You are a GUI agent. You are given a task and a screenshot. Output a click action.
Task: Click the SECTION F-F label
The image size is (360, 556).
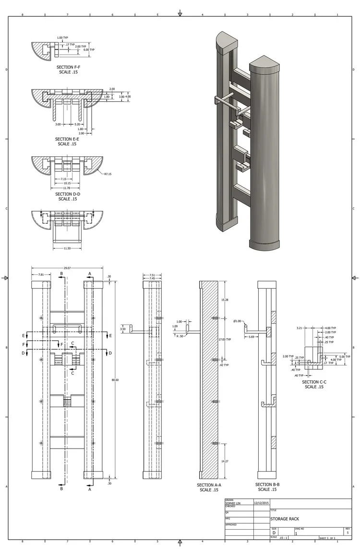[x=67, y=68]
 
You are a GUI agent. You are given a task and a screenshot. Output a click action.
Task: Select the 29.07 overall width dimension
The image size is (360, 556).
[x=67, y=268]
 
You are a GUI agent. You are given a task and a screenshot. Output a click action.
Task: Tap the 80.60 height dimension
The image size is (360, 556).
[x=115, y=380]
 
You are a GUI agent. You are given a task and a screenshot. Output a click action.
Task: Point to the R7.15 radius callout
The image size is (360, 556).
[x=108, y=174]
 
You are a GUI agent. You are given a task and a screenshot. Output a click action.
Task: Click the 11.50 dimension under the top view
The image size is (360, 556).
[x=67, y=248]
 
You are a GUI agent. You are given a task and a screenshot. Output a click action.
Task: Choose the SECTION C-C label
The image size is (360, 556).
[x=314, y=382]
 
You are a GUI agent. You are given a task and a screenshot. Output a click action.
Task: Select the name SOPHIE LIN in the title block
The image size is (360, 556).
[x=233, y=503]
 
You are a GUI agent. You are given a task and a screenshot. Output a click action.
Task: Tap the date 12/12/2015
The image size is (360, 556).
[x=261, y=503]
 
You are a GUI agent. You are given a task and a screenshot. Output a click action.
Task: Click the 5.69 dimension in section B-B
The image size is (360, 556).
[x=252, y=337]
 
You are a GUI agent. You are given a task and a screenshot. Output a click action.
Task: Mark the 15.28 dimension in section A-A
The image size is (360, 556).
[x=225, y=300]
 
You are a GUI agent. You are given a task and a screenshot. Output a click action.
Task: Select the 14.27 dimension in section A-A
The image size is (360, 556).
[x=225, y=461]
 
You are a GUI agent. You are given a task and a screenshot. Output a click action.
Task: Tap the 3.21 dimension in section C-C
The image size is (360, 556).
[x=299, y=329]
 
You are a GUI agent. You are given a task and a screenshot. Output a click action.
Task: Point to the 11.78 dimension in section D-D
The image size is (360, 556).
[x=67, y=188]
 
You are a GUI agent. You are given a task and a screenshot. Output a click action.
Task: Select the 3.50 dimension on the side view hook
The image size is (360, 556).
[x=123, y=330]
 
